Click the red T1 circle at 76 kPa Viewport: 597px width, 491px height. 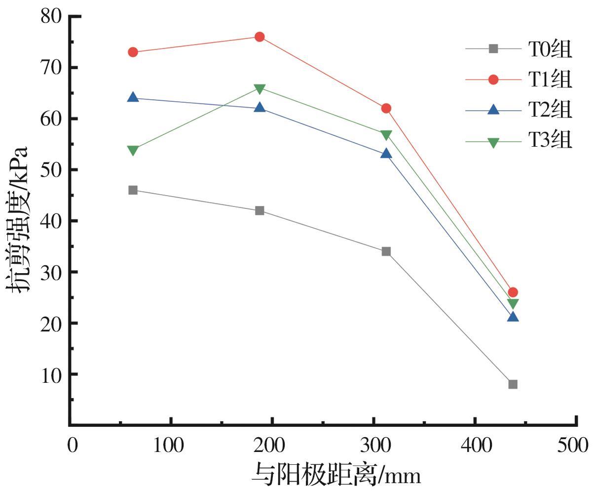point(260,37)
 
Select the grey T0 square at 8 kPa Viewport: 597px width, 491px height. point(513,384)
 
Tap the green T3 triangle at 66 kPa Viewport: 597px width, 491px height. point(260,88)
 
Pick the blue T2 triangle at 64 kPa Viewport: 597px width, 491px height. point(133,97)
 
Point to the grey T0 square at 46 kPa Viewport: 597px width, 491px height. point(133,190)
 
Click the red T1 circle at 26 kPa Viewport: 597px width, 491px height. point(513,292)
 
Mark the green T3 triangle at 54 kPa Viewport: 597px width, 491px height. point(133,150)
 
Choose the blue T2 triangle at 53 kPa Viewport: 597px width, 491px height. point(386,154)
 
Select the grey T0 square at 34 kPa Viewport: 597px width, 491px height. point(386,251)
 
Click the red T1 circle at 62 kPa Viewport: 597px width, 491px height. point(386,108)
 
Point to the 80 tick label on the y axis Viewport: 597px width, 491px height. point(51,16)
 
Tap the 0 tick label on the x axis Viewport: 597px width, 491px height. point(72,446)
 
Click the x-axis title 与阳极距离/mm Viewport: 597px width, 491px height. point(336,474)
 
